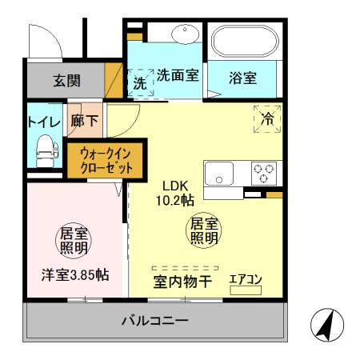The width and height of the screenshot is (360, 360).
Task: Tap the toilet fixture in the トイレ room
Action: (x=43, y=147)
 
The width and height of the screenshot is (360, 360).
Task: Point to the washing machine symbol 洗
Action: (x=140, y=82)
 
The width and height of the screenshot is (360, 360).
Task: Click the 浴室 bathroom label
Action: (x=241, y=79)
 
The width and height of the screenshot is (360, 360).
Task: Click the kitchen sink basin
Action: (x=218, y=171)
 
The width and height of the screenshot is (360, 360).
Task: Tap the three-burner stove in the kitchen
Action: (x=263, y=170)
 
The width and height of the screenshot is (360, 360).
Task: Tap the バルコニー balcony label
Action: (x=155, y=321)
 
